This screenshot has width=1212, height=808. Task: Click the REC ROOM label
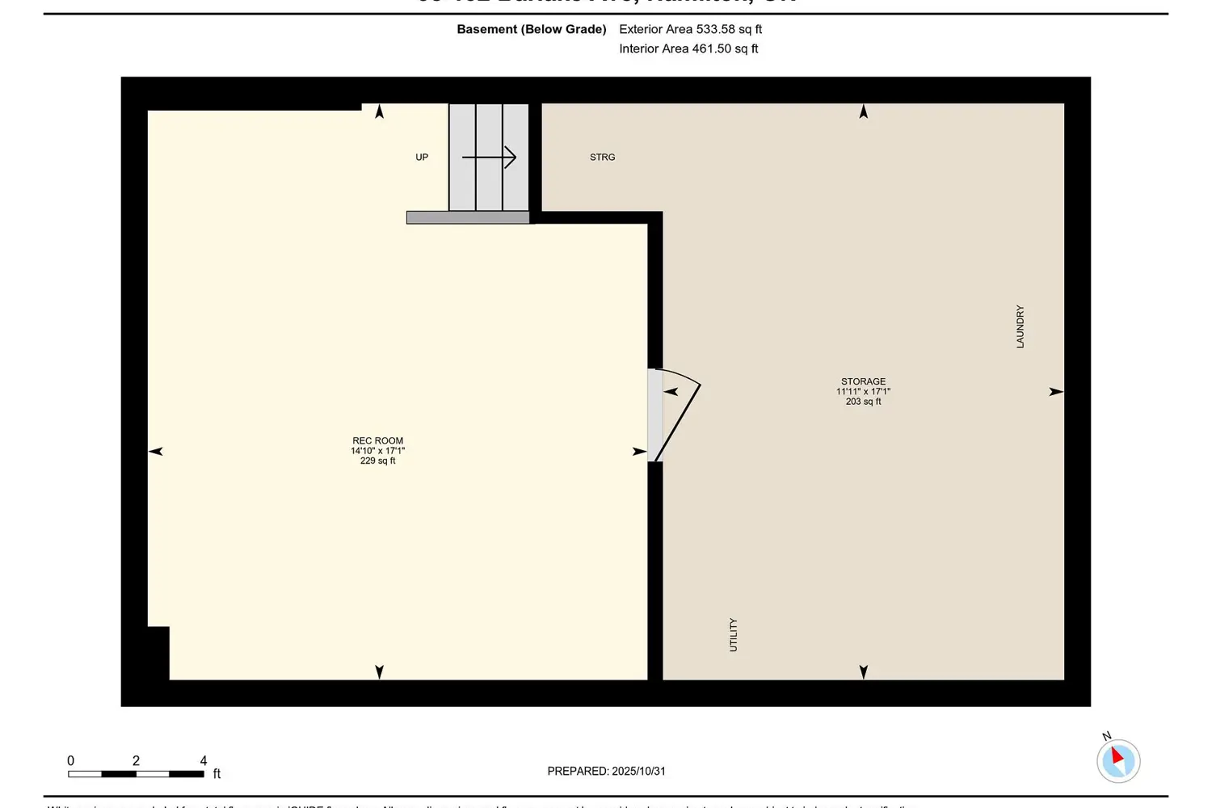click(x=377, y=441)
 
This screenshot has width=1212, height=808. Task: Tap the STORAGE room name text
click(x=863, y=381)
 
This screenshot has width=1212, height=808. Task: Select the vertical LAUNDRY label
click(x=1020, y=326)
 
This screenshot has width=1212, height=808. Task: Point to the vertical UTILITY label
click(x=734, y=635)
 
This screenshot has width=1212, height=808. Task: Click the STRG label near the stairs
click(x=602, y=158)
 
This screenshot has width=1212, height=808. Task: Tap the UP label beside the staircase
click(x=422, y=158)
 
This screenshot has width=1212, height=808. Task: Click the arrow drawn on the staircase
click(x=490, y=157)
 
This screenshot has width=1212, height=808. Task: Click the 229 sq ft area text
click(x=377, y=461)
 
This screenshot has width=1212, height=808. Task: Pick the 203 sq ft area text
click(x=863, y=402)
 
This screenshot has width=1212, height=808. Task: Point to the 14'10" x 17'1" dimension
click(x=377, y=451)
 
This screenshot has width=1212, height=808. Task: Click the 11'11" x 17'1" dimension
click(x=863, y=392)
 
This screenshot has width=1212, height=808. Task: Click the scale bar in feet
click(x=136, y=774)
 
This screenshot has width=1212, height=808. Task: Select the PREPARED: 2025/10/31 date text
click(x=606, y=771)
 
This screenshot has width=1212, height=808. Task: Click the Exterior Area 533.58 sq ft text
click(x=690, y=29)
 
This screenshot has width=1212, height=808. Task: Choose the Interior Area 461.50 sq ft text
click(x=688, y=48)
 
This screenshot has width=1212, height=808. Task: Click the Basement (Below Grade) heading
click(x=531, y=29)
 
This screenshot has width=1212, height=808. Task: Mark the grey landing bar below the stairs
click(x=468, y=217)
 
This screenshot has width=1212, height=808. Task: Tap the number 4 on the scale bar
click(x=204, y=760)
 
